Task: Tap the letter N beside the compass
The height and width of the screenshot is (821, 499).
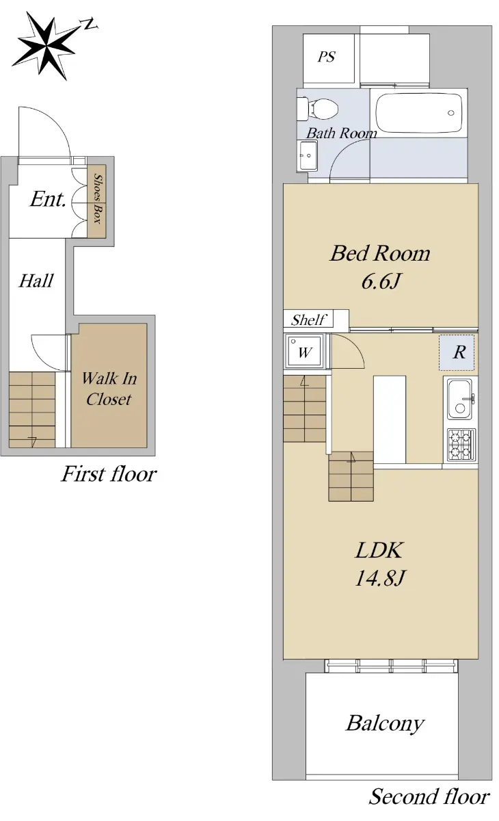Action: pyautogui.click(x=90, y=25)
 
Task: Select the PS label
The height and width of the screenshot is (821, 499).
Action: pyautogui.click(x=326, y=57)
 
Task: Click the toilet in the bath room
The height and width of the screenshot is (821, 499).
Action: pyautogui.click(x=316, y=108)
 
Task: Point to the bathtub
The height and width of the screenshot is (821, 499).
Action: pyautogui.click(x=418, y=113)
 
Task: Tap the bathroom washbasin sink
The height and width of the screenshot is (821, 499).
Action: pyautogui.click(x=308, y=155)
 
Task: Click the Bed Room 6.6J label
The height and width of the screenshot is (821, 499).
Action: pyautogui.click(x=380, y=268)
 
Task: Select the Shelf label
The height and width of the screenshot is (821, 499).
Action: pyautogui.click(x=308, y=320)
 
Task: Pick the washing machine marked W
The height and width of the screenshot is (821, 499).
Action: pyautogui.click(x=304, y=351)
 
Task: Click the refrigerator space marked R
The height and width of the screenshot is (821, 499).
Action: pyautogui.click(x=457, y=352)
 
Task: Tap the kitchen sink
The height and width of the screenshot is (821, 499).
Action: pyautogui.click(x=459, y=400)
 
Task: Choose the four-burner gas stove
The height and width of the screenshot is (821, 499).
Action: pyautogui.click(x=460, y=445)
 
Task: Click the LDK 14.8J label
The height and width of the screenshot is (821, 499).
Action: pyautogui.click(x=379, y=566)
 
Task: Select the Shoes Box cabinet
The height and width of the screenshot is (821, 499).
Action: pyautogui.click(x=96, y=201)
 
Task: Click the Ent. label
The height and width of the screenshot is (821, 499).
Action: pyautogui.click(x=48, y=200)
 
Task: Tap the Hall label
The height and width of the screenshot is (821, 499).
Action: pyautogui.click(x=36, y=281)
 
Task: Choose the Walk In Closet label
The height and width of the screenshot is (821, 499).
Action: pyautogui.click(x=109, y=389)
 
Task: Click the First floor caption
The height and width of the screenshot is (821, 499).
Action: pyautogui.click(x=109, y=474)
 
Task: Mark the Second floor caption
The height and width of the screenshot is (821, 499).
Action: pyautogui.click(x=429, y=796)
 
